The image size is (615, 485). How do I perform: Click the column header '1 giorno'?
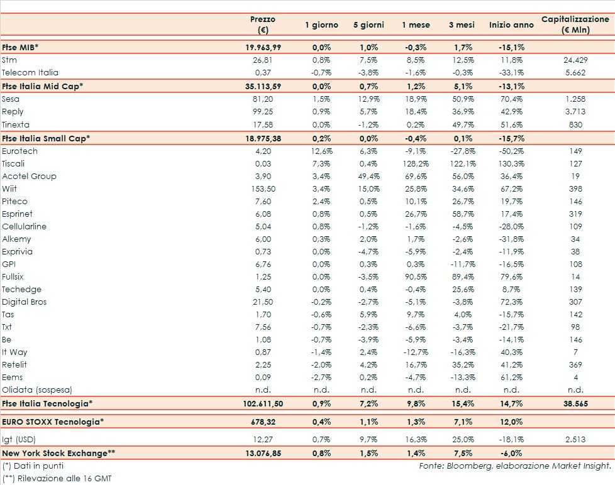point(321,25)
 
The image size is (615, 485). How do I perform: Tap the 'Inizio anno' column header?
point(511,25)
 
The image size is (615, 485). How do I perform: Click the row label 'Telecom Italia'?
point(30,72)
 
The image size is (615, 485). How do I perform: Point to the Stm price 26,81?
point(262,60)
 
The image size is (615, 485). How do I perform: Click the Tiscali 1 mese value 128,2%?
point(416,164)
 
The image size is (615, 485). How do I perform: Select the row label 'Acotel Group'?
point(29,177)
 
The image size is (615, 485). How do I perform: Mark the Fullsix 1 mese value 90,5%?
point(416,277)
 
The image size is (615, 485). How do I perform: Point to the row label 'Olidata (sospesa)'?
point(38,390)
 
